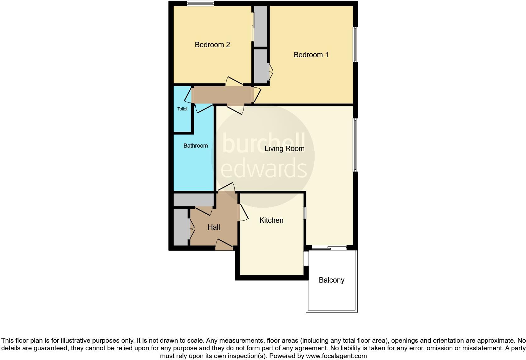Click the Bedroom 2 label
tap(212, 45)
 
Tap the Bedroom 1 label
tap(311, 55)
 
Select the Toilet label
tap(182, 109)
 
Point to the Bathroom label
tap(195, 146)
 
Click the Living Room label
tap(284, 149)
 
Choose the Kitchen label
tap(271, 220)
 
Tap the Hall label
tap(214, 227)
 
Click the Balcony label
tap(331, 280)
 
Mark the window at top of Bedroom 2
tap(200, 3)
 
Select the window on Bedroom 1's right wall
tap(355, 44)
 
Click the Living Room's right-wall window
tap(355, 145)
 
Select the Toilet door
tap(188, 95)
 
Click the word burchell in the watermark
tap(263, 143)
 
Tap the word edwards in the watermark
tap(263, 168)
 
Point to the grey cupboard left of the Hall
tap(181, 227)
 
